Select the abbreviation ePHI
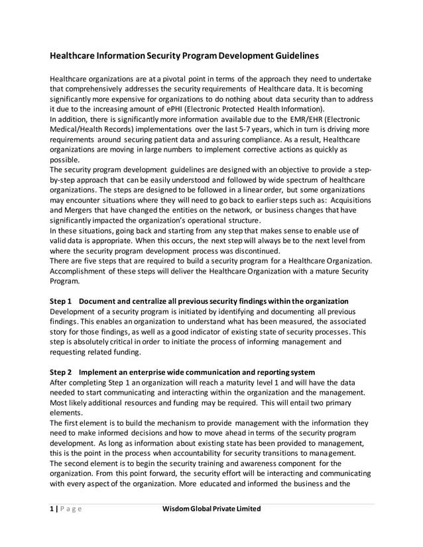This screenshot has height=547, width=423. pos(197,109)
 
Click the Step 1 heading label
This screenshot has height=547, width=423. pos(64,301)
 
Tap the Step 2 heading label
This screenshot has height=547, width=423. pos(64,370)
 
